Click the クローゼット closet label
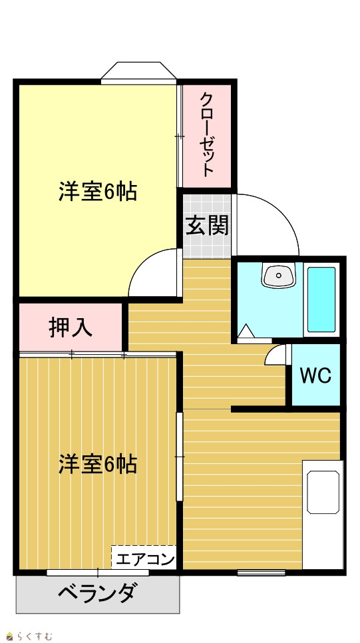(207, 135)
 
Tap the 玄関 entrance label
(207, 225)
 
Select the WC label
(315, 375)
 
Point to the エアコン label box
(144, 558)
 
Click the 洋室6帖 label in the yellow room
(97, 192)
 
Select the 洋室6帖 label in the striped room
(97, 464)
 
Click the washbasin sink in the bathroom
(279, 275)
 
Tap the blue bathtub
(321, 300)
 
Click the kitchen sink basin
(323, 492)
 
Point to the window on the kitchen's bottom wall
(262, 572)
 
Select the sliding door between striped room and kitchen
(179, 457)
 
